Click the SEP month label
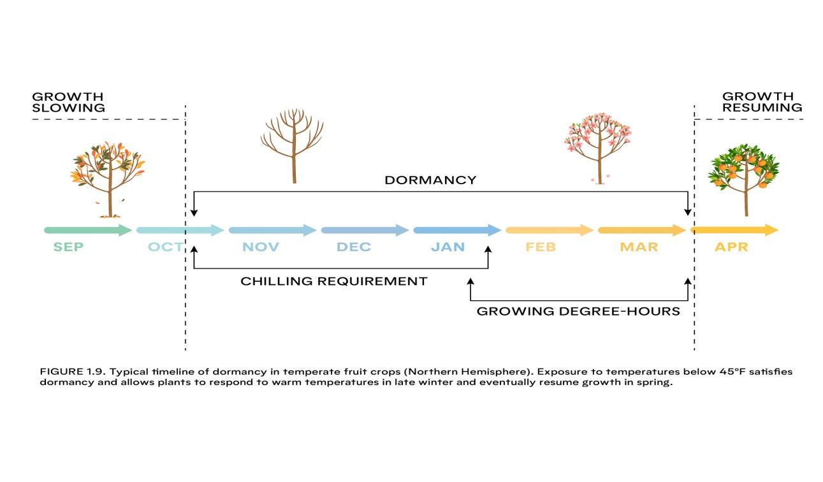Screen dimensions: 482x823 click(68, 247)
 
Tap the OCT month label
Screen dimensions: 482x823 click(165, 247)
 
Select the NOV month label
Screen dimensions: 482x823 click(261, 247)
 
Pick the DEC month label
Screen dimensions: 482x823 click(354, 247)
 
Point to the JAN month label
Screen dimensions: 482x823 click(448, 247)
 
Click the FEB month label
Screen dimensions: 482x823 click(540, 247)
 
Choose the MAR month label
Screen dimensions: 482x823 click(639, 247)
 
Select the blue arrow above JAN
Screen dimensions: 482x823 click(456, 230)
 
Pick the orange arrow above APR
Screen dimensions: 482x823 click(734, 230)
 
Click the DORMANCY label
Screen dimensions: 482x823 click(430, 180)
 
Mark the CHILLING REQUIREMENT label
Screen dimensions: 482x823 click(333, 281)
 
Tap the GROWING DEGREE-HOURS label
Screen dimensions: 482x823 click(578, 312)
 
